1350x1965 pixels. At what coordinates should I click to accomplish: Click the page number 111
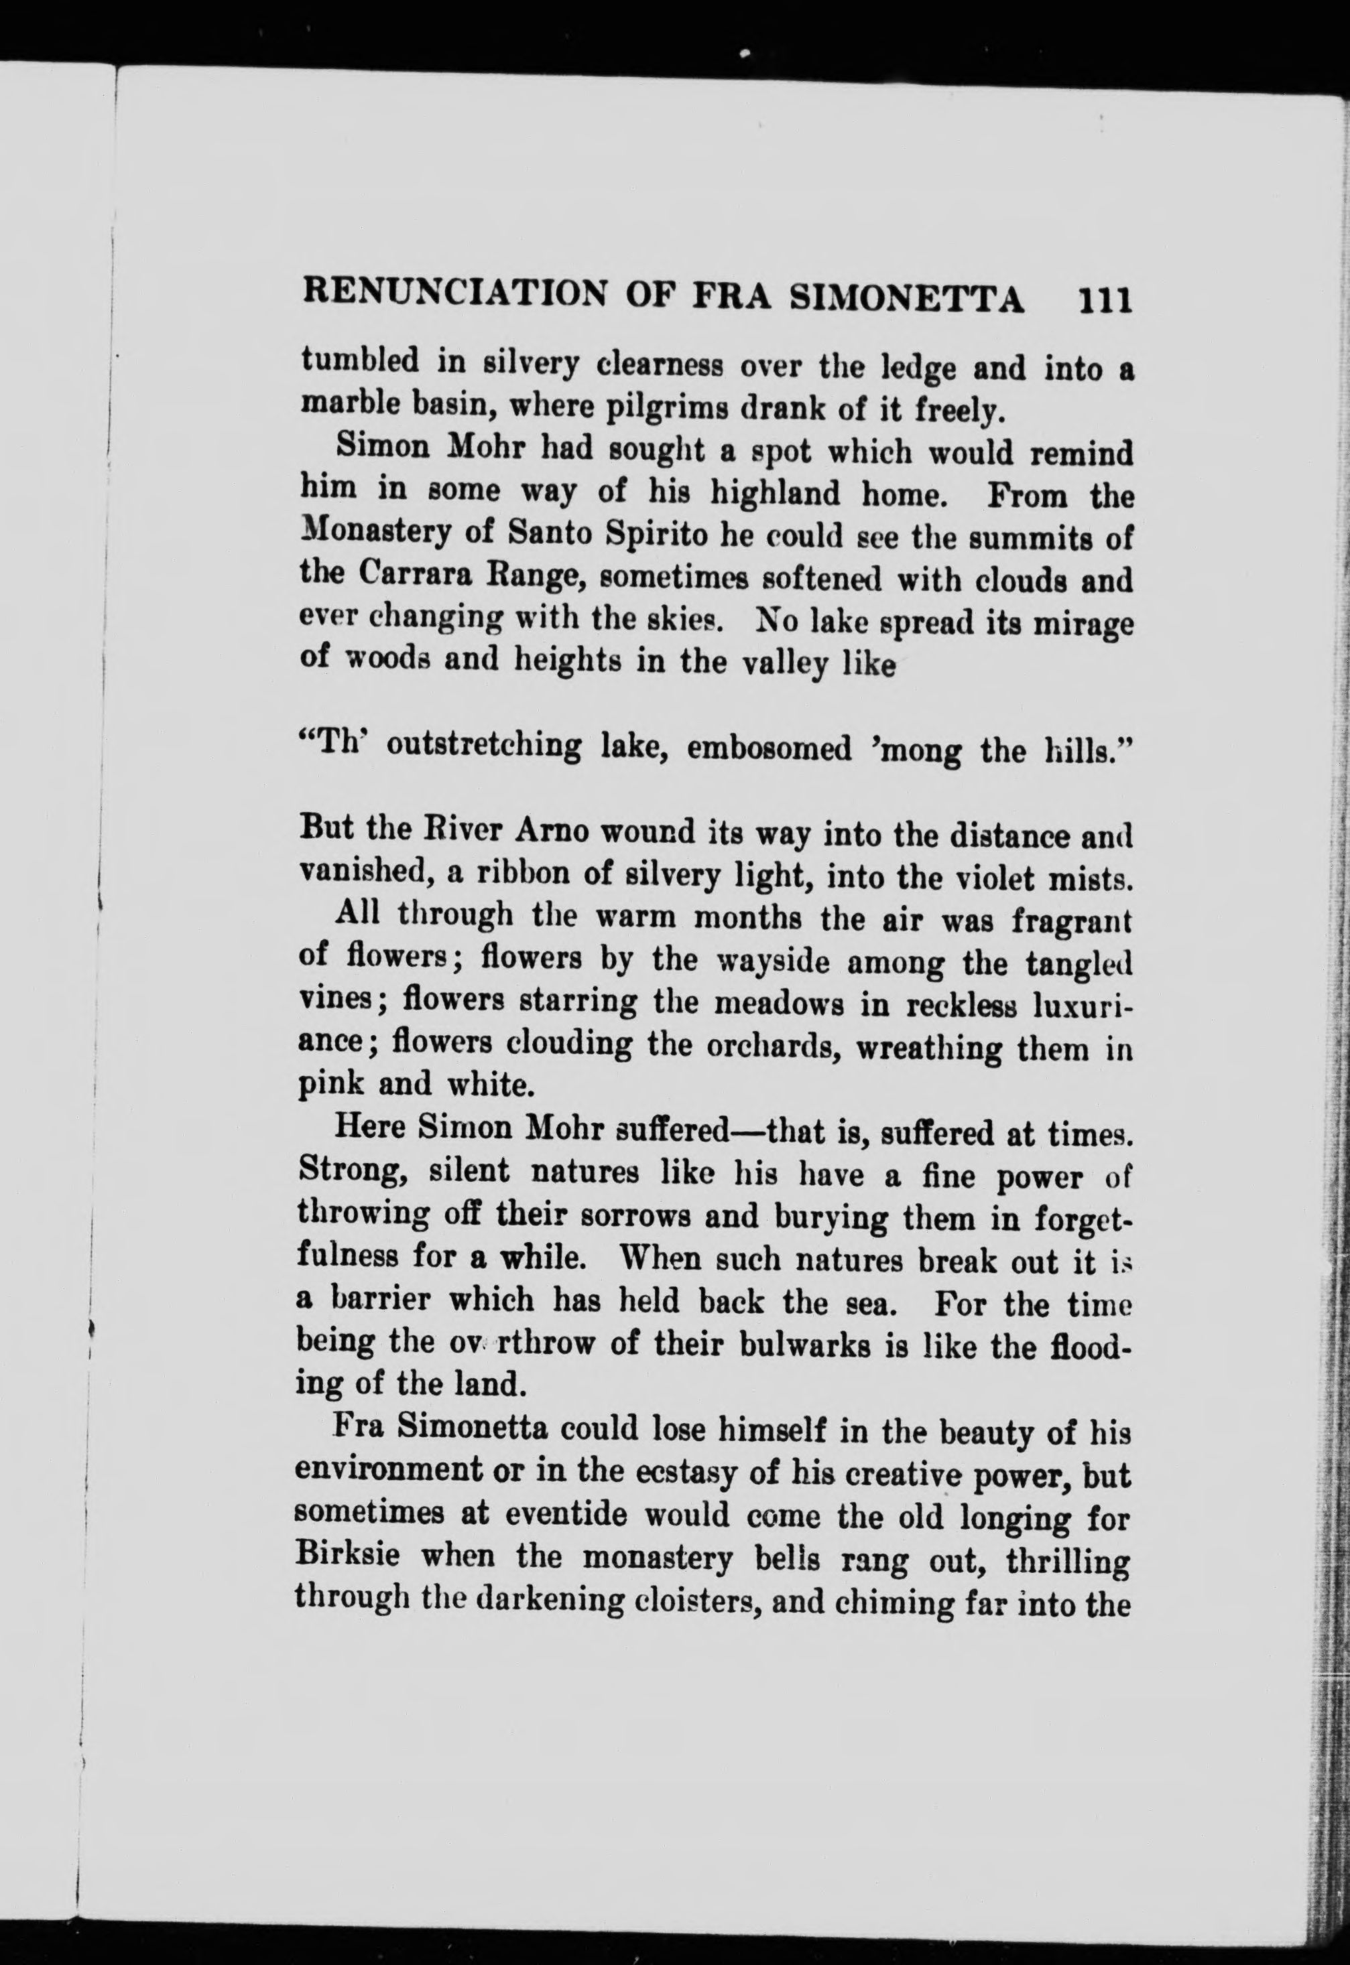pyautogui.click(x=1103, y=300)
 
